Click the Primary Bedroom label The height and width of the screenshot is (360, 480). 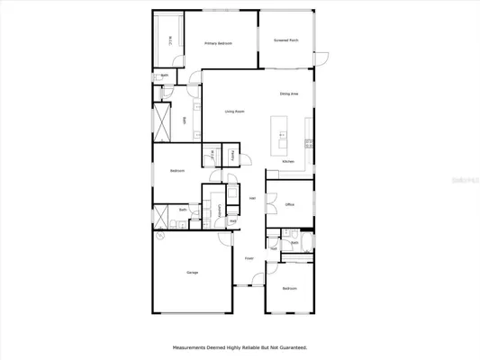[219, 42]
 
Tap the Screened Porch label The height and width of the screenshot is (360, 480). [286, 40]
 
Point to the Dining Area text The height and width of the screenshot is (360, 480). [289, 94]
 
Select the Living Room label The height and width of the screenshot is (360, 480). [234, 112]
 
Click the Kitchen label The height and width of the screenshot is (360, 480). [288, 162]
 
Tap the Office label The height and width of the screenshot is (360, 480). [290, 205]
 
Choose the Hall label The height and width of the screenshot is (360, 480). [253, 199]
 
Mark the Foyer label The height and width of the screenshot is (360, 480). [249, 258]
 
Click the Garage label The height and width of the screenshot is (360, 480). [192, 273]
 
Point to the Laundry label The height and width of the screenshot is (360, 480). [219, 209]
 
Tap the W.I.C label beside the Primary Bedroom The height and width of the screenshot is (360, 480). [172, 39]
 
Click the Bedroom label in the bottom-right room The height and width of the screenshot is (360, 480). [289, 288]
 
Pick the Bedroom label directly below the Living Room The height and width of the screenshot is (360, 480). [177, 171]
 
